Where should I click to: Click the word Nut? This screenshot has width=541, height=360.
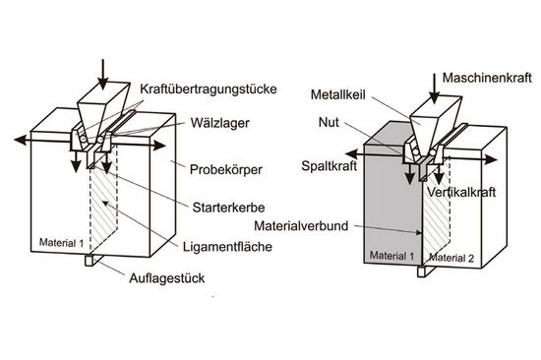coord(330,125)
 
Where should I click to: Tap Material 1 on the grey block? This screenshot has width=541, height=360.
coord(391,256)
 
